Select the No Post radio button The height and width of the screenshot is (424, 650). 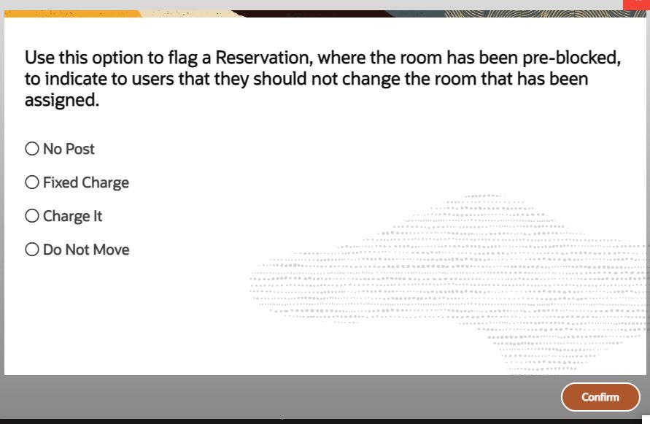tap(32, 149)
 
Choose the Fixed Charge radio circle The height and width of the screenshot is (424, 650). tap(32, 182)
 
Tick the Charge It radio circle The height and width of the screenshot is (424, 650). tap(32, 216)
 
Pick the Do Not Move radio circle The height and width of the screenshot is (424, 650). tap(32, 250)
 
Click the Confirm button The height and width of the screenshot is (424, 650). tap(600, 397)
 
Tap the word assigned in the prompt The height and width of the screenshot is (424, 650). tap(61, 101)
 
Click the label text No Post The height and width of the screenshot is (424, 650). tap(69, 149)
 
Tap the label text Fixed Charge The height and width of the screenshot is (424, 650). tap(85, 182)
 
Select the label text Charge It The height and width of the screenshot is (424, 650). tap(72, 216)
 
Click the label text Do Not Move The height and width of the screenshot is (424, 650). tap(86, 250)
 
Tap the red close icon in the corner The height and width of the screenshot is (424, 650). tap(637, 4)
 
